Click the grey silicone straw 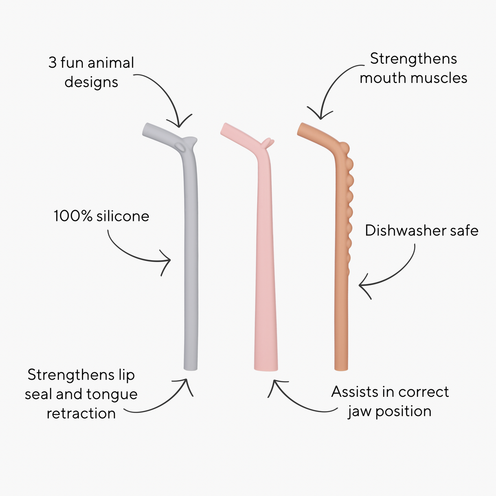(x=191, y=253)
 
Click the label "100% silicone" (x=101, y=216)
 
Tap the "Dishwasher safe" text (x=422, y=230)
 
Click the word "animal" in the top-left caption (x=111, y=63)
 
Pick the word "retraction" (x=81, y=413)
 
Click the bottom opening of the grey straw (x=191, y=368)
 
